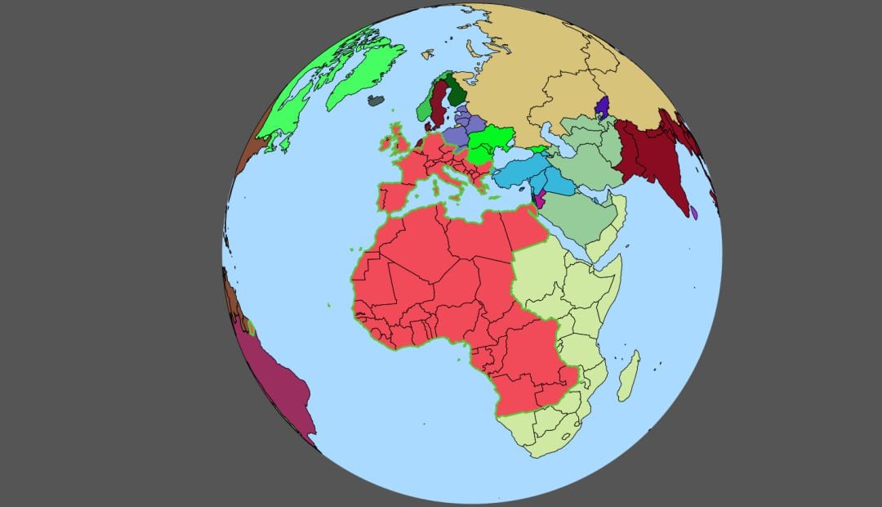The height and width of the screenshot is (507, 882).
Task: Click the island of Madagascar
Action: tap(628, 376)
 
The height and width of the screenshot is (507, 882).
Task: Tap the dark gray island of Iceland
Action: tap(376, 101)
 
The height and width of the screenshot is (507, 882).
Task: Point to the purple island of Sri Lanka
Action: tap(693, 213)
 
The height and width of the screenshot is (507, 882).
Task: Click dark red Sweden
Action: tap(439, 102)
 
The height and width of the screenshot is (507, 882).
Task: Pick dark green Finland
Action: tap(454, 90)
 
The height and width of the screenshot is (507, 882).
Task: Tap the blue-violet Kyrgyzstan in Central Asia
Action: tap(603, 106)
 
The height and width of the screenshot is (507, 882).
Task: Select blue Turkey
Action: tap(523, 172)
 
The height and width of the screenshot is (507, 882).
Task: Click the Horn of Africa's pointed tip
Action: tap(621, 258)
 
